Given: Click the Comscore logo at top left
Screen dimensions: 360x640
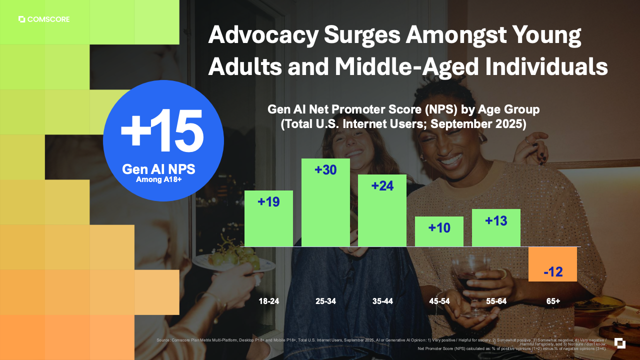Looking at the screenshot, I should pyautogui.click(x=44, y=19).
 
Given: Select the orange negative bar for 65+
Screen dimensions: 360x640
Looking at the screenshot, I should pyautogui.click(x=552, y=264).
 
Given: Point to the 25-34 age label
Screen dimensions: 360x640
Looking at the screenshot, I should pyautogui.click(x=325, y=301).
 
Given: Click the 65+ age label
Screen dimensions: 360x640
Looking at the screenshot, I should pyautogui.click(x=553, y=301).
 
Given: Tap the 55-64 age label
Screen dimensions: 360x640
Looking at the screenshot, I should pyautogui.click(x=496, y=301).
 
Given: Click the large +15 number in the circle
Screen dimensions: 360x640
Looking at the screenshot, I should pyautogui.click(x=162, y=130).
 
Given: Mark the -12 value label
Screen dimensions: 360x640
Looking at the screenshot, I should pyautogui.click(x=553, y=272).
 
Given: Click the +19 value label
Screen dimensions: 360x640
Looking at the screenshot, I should pyautogui.click(x=268, y=202).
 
